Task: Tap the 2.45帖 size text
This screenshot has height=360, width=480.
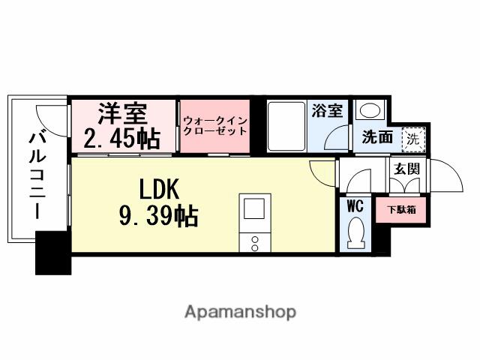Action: pos(121,139)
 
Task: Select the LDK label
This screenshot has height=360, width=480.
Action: pos(159,188)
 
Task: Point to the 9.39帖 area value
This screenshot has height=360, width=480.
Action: pos(157,216)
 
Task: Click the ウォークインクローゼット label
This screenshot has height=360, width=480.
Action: pos(214,124)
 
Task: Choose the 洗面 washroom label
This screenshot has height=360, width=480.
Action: pos(377,138)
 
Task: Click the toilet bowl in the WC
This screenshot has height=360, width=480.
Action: pos(356,230)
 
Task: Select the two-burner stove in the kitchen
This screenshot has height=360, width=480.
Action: pos(253,242)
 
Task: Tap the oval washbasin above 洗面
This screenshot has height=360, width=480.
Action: pos(369,110)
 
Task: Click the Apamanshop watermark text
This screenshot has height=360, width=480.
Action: pos(240,311)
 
